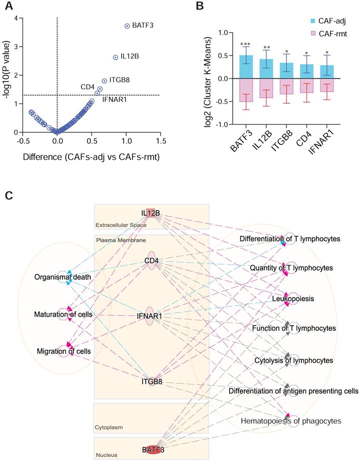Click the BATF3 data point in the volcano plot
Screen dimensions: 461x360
127,26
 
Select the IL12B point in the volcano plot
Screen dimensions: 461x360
116,58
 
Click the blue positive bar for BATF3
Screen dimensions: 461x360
246,67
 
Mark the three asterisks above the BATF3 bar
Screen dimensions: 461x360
246,45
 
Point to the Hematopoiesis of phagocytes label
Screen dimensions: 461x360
291,421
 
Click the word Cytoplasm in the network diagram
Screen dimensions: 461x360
109,427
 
